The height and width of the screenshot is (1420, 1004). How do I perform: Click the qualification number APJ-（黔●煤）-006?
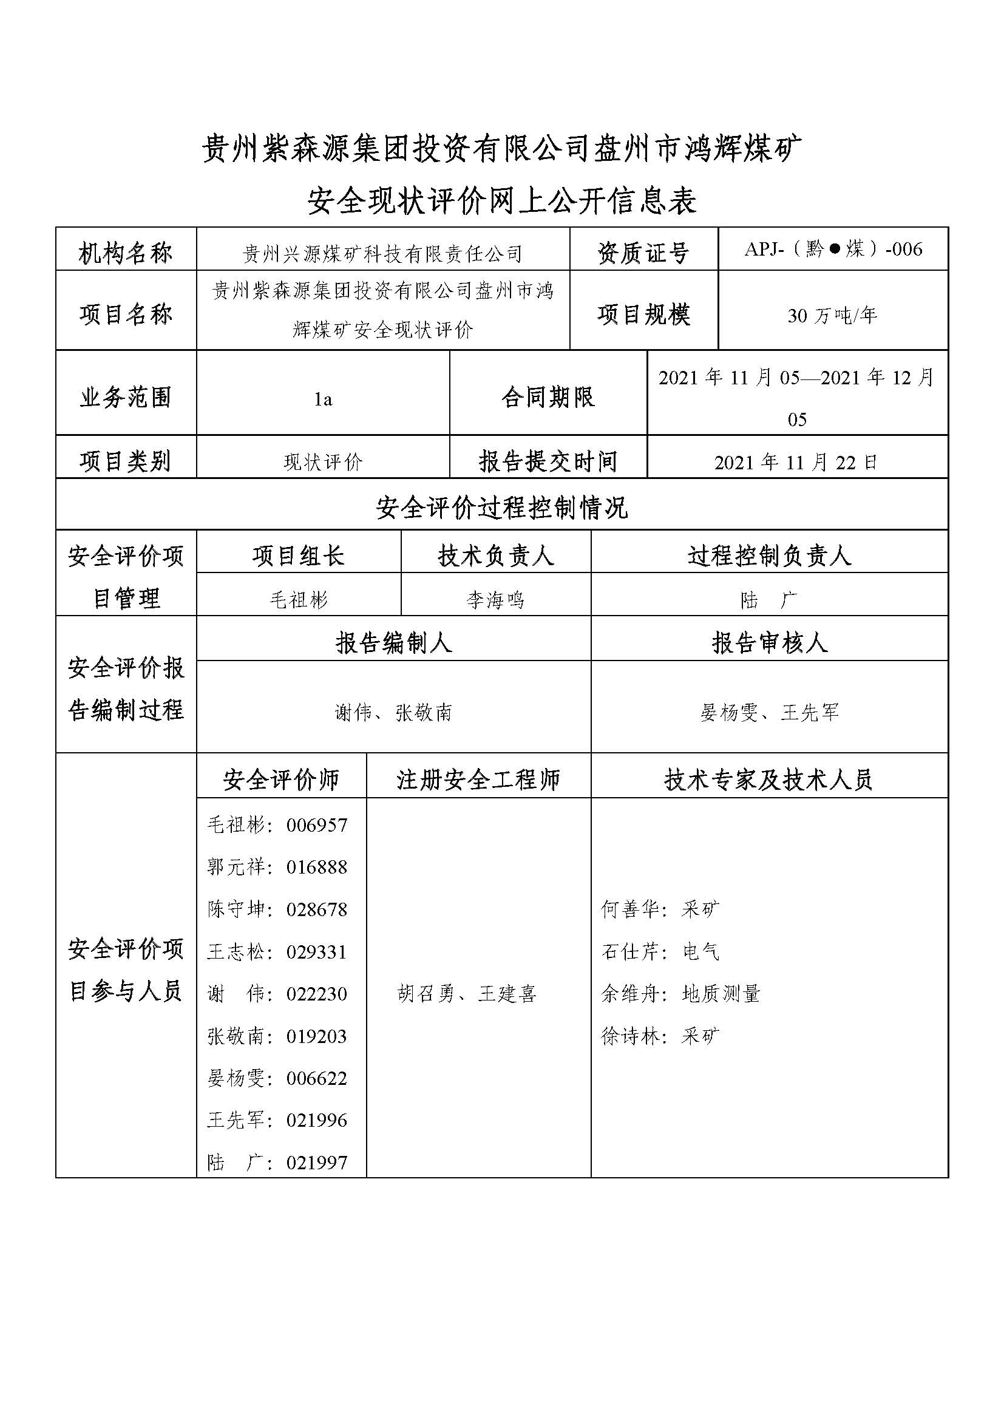(833, 250)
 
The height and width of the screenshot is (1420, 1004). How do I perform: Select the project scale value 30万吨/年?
(832, 316)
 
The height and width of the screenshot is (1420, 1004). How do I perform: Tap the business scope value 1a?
(323, 399)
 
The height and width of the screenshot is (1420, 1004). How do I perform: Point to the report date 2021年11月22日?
(796, 462)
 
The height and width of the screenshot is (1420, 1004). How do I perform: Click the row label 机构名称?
(126, 253)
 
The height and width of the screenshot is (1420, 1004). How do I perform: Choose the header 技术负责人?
(496, 555)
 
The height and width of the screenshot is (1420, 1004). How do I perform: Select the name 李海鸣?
(496, 599)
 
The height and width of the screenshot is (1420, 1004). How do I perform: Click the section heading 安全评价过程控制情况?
(501, 508)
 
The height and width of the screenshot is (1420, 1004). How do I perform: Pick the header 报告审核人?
(769, 642)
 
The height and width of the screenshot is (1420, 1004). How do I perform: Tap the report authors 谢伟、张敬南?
(394, 713)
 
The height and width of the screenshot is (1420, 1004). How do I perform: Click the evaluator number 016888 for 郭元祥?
(316, 866)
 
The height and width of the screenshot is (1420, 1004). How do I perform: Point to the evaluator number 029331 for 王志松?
(316, 951)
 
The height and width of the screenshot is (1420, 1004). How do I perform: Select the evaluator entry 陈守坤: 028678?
(277, 909)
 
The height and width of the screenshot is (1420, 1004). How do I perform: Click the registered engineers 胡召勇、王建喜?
(467, 993)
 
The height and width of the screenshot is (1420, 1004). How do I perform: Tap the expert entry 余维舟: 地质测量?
(680, 993)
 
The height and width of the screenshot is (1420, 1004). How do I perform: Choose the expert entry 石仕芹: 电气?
(660, 951)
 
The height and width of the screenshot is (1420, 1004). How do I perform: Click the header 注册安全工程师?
(478, 780)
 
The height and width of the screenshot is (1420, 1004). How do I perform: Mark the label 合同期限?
(548, 397)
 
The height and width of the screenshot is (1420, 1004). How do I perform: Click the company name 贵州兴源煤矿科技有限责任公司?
(382, 253)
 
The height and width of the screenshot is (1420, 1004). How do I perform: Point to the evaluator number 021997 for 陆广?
(316, 1162)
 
